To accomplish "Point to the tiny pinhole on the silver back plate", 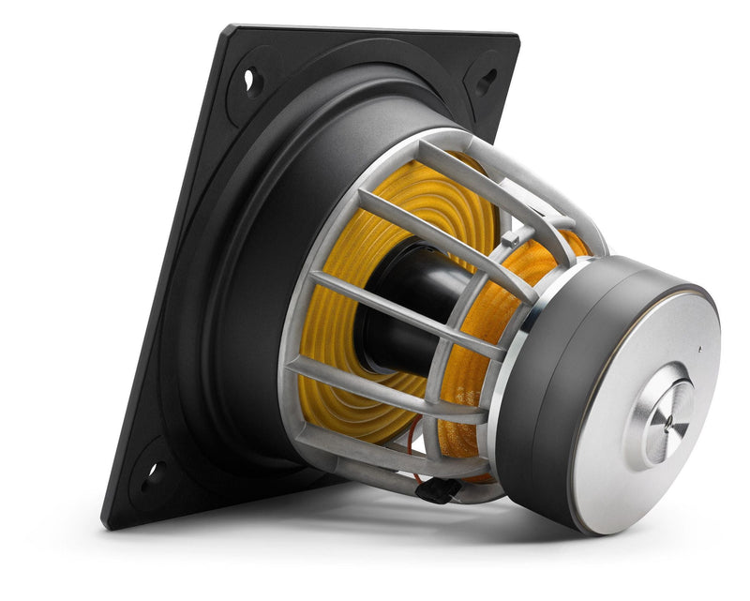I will [698, 348].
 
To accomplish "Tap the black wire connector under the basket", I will [442, 488].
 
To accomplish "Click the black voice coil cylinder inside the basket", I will [412, 300].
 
